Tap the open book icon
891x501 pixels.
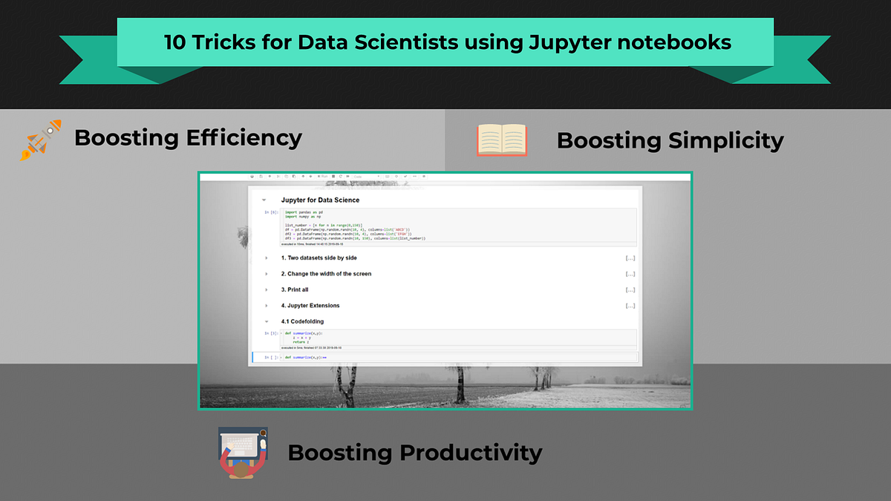pyautogui.click(x=501, y=140)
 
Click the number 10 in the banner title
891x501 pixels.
pyautogui.click(x=176, y=42)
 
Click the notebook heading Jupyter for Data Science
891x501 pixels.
pyautogui.click(x=320, y=200)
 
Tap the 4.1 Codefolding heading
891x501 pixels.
pyautogui.click(x=302, y=321)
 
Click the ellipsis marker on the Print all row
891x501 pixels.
pyautogui.click(x=630, y=289)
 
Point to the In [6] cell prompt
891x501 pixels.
pyautogui.click(x=272, y=212)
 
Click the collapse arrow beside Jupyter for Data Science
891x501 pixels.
pyautogui.click(x=264, y=200)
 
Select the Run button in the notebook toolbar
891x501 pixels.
pyautogui.click(x=323, y=177)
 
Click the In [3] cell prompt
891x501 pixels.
pyautogui.click(x=272, y=333)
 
